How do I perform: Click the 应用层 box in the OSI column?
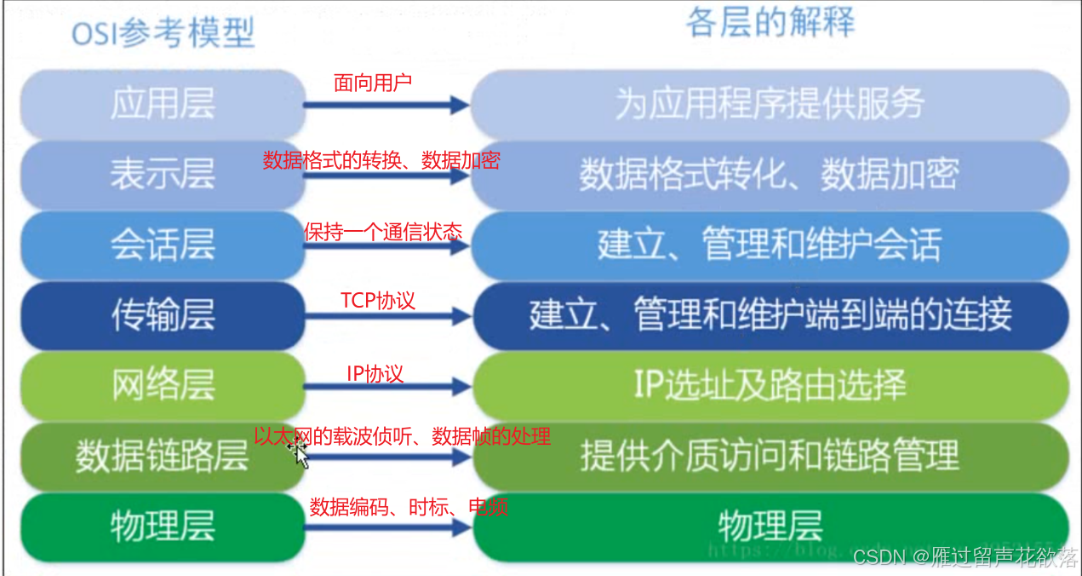tap(162, 104)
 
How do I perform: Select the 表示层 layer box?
tap(162, 175)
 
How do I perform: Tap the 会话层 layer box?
tap(162, 245)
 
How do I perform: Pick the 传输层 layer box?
tap(162, 316)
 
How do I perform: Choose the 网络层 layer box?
tap(162, 386)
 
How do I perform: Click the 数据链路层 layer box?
tap(162, 456)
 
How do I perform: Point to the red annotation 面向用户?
tap(372, 83)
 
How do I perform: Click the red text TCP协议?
tap(378, 301)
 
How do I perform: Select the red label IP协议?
tap(375, 373)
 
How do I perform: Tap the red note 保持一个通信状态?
tap(383, 232)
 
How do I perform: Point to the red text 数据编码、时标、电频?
tap(409, 508)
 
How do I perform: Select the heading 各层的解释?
tap(770, 23)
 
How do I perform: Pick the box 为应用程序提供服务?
tap(770, 104)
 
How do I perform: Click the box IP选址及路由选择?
tap(770, 386)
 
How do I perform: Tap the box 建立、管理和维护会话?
tap(770, 245)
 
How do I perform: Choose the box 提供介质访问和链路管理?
tap(770, 456)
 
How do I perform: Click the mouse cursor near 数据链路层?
tap(300, 452)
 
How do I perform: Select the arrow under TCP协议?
tap(387, 316)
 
